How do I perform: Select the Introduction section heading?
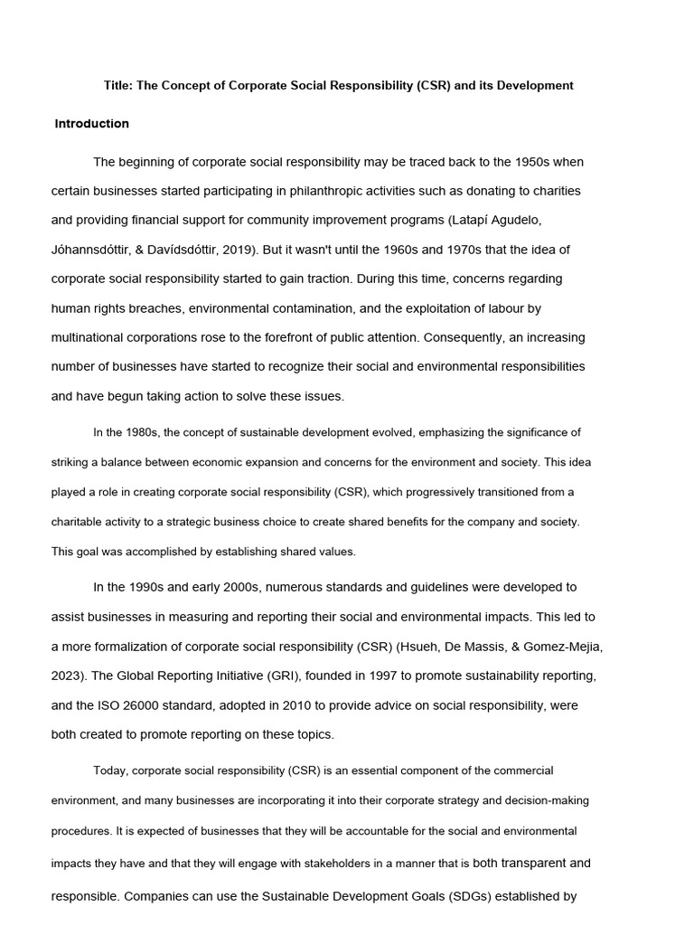(x=92, y=124)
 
